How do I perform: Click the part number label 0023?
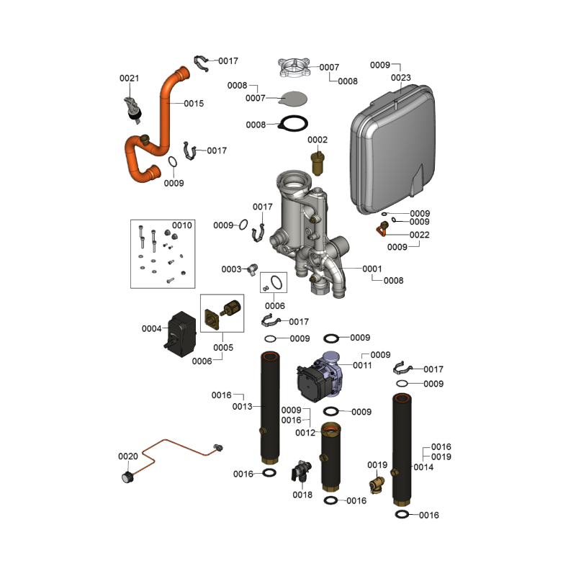401,77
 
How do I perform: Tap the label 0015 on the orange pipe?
194,104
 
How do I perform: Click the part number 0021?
129,78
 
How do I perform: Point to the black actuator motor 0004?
184,333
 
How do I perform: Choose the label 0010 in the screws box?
182,225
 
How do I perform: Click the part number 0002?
318,139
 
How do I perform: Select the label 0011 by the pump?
362,366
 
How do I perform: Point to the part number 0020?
127,456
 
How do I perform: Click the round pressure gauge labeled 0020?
128,477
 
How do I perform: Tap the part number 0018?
302,495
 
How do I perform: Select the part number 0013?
243,407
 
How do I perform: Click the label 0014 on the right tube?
423,467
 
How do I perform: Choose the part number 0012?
305,433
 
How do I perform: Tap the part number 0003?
231,269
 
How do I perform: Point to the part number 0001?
372,269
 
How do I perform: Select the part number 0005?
223,347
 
